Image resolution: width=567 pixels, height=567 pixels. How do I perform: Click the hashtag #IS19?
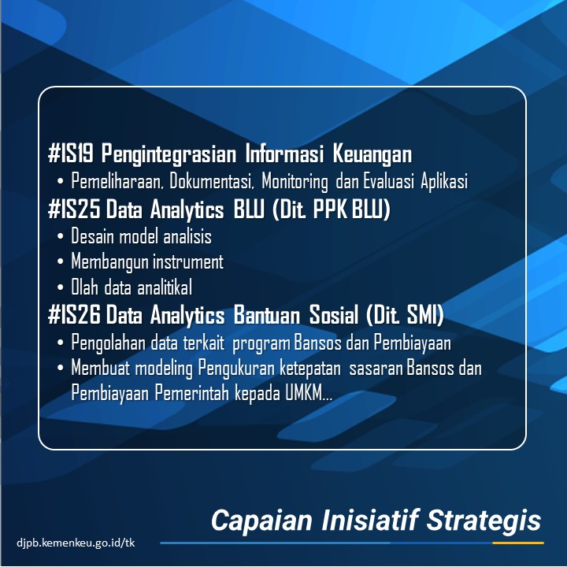71,154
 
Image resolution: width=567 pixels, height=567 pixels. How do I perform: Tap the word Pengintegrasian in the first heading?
169,154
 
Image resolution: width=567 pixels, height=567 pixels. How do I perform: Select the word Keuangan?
372,154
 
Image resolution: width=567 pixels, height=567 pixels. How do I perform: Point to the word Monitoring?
295,182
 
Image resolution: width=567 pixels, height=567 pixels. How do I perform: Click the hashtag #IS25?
74,209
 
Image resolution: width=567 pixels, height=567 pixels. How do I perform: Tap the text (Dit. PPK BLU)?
332,209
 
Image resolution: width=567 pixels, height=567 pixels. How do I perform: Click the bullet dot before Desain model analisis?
61,237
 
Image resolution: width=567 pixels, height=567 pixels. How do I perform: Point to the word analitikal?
165,287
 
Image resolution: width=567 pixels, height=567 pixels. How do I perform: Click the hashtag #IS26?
74,314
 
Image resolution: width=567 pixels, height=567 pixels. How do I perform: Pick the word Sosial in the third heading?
334,314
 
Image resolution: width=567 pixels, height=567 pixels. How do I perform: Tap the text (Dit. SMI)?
405,314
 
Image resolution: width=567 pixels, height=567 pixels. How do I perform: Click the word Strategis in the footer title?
484,521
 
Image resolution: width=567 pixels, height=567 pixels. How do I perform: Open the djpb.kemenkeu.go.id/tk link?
76,543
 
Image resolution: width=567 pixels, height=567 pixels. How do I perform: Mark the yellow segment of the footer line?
518,543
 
